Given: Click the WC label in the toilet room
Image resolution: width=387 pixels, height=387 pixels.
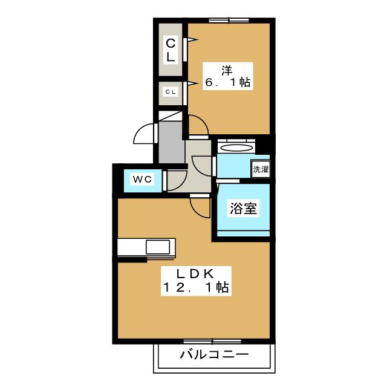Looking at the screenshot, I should pos(142,180).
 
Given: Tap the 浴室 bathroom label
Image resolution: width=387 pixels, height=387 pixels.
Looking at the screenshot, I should pos(243,209).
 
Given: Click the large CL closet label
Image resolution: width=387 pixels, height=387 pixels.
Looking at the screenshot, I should pos(171,50).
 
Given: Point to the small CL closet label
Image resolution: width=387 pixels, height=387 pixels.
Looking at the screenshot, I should pos(171,93).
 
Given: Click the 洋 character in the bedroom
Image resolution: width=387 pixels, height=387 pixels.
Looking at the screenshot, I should pos(227,68).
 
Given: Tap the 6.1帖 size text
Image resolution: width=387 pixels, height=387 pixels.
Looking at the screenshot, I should pos(227,83).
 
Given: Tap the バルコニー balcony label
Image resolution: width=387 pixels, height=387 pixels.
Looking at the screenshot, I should pos(213,354).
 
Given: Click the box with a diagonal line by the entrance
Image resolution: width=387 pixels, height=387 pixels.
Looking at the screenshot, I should pos(171,116).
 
